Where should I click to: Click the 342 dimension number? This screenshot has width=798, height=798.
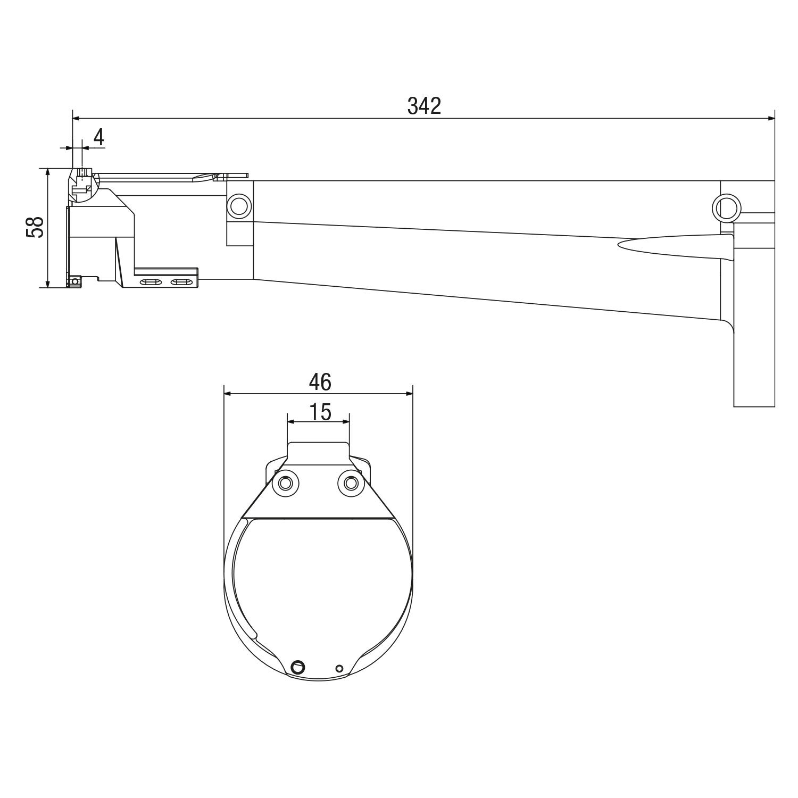tap(424, 106)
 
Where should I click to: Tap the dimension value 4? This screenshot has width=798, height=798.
tap(99, 137)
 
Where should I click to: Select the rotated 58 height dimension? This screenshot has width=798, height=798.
tap(36, 227)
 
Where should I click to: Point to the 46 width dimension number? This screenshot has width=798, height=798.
tap(320, 381)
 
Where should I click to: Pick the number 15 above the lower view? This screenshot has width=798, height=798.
tap(320, 411)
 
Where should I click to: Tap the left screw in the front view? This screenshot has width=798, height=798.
tap(285, 483)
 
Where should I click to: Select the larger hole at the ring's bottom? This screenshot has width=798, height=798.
tap(297, 665)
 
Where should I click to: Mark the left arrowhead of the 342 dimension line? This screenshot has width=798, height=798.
tap(76, 118)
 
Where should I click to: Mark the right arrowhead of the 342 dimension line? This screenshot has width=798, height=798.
tap(771, 118)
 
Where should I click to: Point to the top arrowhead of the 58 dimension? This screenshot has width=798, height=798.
tap(48, 172)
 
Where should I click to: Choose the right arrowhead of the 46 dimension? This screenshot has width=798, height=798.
tap(410, 394)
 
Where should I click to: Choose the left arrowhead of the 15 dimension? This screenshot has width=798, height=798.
tap(290, 421)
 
